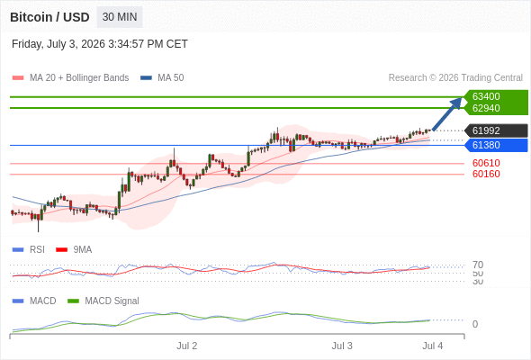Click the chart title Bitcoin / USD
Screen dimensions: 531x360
coord(49,17)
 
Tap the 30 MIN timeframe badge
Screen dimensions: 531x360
coord(120,17)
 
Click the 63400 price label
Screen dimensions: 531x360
coord(486,96)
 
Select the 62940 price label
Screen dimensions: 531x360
coord(486,108)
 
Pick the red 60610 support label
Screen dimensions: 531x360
coord(486,163)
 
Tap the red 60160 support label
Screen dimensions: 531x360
coord(486,174)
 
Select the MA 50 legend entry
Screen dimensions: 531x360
coord(162,78)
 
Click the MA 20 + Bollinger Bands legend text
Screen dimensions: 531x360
coord(79,78)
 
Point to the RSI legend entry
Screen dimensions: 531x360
coord(29,249)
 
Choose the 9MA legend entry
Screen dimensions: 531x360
coord(74,249)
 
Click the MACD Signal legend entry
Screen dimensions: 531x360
coord(103,301)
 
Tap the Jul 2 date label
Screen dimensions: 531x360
coord(186,346)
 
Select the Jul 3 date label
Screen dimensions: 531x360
coord(342,346)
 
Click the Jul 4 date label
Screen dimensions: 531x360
coord(433,346)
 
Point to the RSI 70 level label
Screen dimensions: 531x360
coord(478,265)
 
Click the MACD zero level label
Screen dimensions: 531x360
coord(475,324)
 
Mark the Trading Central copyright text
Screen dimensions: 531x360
coord(455,78)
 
